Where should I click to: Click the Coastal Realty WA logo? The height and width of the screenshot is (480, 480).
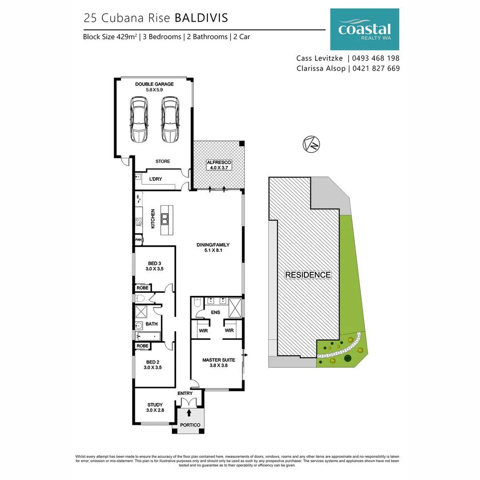click(x=364, y=29)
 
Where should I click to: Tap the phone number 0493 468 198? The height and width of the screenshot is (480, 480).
click(x=376, y=58)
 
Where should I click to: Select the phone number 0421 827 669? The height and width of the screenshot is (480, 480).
click(x=376, y=68)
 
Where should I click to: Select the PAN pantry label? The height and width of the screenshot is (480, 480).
click(x=138, y=240)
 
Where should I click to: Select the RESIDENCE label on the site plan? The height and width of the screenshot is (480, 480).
click(x=308, y=275)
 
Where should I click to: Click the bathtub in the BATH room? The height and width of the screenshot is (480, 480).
click(x=147, y=336)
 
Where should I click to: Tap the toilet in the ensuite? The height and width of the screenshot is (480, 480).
click(x=197, y=303)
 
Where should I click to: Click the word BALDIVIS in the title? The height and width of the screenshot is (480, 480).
click(x=201, y=18)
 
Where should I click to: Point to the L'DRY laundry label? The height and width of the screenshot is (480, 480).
click(x=155, y=179)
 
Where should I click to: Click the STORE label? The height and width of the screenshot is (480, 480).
click(x=163, y=161)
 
